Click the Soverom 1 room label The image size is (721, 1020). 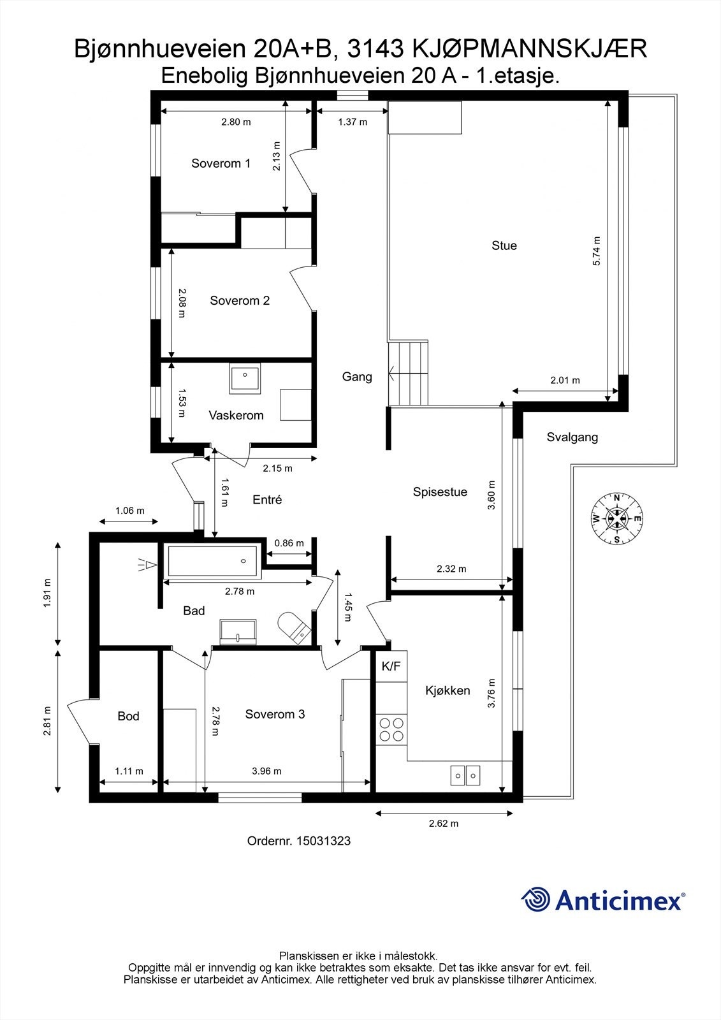[221, 163]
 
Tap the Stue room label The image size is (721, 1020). [504, 245]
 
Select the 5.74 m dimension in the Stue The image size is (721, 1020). [597, 251]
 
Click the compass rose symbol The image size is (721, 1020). [616, 518]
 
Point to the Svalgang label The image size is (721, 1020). [572, 437]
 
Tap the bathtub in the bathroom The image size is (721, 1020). [212, 561]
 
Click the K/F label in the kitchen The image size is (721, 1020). [391, 667]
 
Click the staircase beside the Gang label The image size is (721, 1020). [409, 373]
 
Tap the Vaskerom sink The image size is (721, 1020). [245, 378]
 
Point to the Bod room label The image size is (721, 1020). [128, 717]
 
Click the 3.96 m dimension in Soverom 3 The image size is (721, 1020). [266, 771]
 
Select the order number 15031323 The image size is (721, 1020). [298, 841]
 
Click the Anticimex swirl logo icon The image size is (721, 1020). [535, 900]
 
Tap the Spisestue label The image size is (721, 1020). [440, 492]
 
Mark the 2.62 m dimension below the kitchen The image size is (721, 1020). [443, 823]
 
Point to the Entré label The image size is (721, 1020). [267, 500]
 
